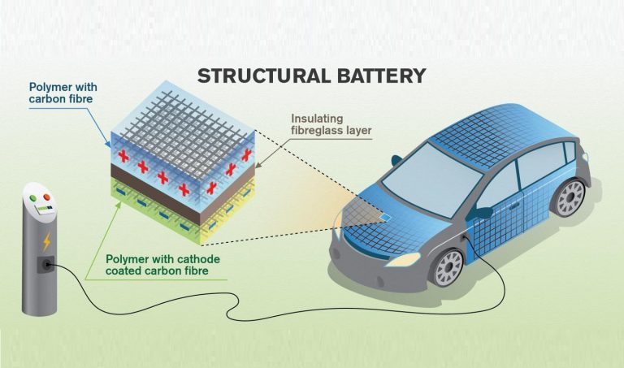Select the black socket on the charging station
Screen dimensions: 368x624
point(45,263)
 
